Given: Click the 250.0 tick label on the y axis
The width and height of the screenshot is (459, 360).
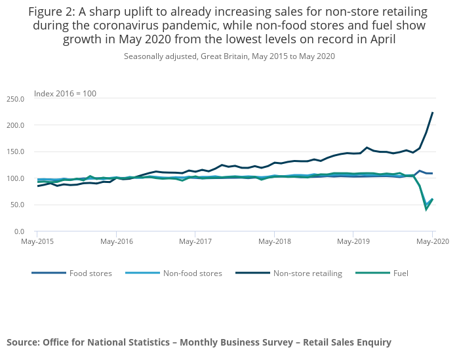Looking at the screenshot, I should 16,99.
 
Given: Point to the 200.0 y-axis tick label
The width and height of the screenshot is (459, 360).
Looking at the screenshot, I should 16,125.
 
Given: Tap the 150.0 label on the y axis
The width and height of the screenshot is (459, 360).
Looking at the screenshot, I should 16,152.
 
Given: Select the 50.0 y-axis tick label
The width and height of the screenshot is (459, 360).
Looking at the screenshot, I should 18,205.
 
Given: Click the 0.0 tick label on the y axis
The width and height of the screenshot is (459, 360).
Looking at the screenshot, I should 20,231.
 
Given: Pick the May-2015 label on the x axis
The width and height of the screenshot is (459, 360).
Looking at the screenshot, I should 37,242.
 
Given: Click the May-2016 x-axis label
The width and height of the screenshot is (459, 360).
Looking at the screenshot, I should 116,242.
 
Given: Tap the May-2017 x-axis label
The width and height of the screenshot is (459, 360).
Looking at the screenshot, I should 195,242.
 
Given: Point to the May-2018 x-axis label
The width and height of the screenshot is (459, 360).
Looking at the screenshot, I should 274,242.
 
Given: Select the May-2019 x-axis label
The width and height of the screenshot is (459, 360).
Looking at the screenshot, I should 353,242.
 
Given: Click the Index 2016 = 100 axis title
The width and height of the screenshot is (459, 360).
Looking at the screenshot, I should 65,94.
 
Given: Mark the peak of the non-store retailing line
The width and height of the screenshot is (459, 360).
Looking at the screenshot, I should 433,113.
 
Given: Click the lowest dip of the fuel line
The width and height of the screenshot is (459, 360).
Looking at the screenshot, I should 426,209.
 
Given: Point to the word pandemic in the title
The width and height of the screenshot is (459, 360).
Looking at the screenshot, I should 266,26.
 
